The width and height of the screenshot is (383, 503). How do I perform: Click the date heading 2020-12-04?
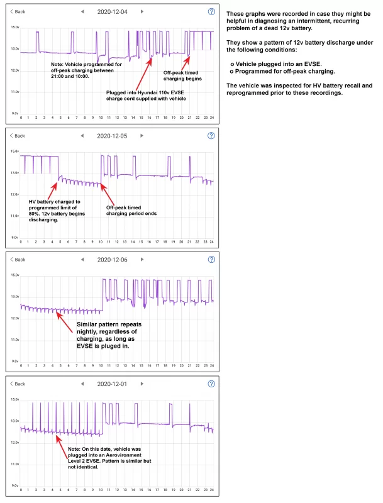click(x=112, y=11)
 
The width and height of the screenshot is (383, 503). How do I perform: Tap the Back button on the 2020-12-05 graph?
click(x=18, y=136)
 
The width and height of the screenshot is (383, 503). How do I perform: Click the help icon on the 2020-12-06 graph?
click(x=211, y=260)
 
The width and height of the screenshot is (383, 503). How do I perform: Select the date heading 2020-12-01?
click(x=112, y=384)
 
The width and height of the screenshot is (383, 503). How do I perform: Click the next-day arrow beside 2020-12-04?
click(x=142, y=11)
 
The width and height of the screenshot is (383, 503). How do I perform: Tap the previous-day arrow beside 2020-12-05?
click(x=82, y=136)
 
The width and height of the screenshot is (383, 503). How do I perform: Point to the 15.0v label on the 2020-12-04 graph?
click(x=14, y=28)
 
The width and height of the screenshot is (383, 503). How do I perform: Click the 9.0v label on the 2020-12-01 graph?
click(x=14, y=486)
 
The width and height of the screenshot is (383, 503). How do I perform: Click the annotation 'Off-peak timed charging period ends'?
click(x=130, y=210)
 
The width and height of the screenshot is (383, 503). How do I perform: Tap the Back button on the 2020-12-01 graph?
click(x=18, y=384)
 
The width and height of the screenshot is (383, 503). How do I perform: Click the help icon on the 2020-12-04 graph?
click(x=211, y=11)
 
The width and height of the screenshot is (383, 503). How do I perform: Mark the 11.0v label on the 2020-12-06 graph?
click(x=14, y=340)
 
